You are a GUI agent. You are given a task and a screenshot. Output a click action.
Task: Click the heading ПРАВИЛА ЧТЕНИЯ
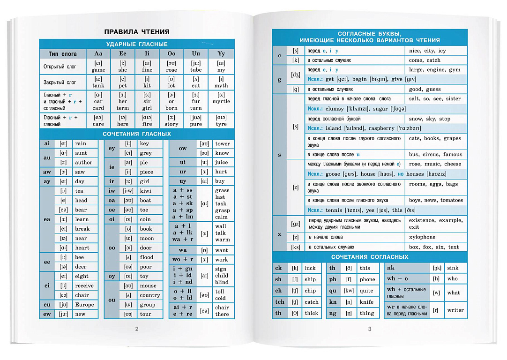[136, 32]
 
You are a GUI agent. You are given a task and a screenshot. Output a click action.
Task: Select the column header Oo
[171, 54]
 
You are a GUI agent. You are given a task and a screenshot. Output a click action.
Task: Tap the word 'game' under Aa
[98, 70]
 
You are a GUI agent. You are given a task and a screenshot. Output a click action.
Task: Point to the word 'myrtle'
[221, 101]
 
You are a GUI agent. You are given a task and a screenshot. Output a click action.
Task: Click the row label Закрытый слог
[60, 82]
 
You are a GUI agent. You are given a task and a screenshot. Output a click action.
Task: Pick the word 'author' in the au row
[84, 163]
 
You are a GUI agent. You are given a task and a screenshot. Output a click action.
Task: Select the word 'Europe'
[84, 305]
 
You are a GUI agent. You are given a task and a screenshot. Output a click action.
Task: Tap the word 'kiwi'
[145, 191]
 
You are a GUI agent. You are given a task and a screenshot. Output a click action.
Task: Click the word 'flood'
[146, 257]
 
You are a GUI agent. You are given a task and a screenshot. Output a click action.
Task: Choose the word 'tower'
[223, 144]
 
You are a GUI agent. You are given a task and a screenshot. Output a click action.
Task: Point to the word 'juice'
[222, 163]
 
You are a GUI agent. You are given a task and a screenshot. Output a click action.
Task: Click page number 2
[137, 329]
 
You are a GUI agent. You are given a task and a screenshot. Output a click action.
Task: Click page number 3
[369, 329]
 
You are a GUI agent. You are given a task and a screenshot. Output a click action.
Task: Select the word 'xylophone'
[422, 237]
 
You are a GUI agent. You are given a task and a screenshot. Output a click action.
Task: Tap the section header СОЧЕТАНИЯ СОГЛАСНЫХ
[370, 257]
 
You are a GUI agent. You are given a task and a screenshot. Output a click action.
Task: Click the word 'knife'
[366, 302]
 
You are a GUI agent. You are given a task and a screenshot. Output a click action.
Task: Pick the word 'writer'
[455, 310]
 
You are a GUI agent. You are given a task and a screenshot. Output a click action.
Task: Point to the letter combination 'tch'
[280, 302]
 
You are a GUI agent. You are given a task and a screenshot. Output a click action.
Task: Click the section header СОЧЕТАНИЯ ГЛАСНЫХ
[137, 134]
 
